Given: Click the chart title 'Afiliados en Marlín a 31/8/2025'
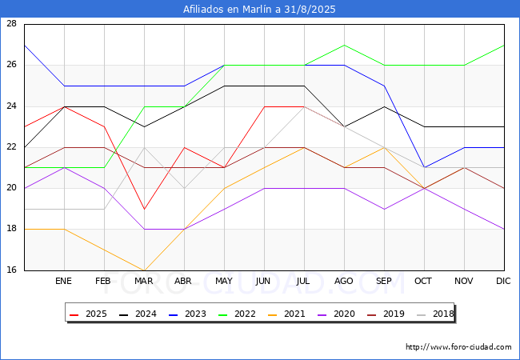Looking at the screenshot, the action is [x=259, y=9].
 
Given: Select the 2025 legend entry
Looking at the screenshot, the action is [x=88, y=314].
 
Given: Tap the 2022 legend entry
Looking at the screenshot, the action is [x=237, y=314].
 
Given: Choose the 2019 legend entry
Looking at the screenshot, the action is [x=386, y=314].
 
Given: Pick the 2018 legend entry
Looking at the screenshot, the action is [x=435, y=314].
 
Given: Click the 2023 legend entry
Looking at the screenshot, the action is [x=187, y=314].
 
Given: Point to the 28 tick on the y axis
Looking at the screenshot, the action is [x=11, y=23].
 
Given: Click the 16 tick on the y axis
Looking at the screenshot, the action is [x=11, y=270].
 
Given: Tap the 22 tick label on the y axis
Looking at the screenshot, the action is [x=11, y=146].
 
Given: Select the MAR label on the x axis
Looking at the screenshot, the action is [x=143, y=281].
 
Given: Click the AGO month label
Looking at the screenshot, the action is [x=343, y=281].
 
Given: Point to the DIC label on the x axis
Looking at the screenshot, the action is [x=503, y=281].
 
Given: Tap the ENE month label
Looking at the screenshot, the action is [x=63, y=281].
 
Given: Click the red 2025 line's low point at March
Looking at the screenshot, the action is [x=144, y=209].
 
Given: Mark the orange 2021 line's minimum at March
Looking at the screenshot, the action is [x=144, y=270].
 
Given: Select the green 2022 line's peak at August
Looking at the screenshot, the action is [x=344, y=45].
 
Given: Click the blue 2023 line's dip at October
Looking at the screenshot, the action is [x=425, y=167].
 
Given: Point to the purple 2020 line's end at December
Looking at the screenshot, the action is [x=504, y=229].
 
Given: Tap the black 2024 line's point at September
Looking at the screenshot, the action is [x=384, y=106].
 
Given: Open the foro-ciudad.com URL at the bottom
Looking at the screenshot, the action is [x=458, y=347].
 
